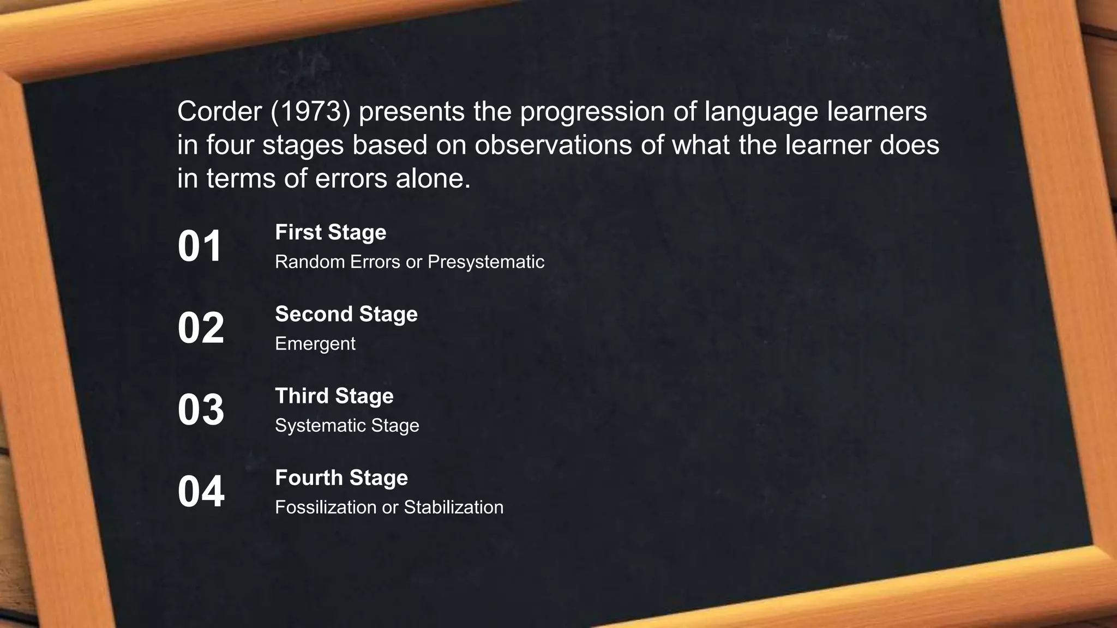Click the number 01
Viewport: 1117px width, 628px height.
coord(200,246)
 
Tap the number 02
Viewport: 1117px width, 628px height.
coord(201,328)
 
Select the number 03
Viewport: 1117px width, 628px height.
coord(201,410)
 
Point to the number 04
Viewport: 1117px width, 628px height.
coord(201,492)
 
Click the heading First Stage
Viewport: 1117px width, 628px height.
coord(331,232)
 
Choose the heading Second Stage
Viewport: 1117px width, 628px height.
coord(346,314)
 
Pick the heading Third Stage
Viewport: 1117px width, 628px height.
coord(334,396)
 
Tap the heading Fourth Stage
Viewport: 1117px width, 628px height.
coord(341,478)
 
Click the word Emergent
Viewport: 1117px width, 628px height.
coord(315,343)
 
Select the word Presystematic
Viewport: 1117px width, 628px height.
coord(486,262)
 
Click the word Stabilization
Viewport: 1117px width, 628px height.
coord(453,507)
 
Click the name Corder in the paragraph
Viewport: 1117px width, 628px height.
coord(219,112)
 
